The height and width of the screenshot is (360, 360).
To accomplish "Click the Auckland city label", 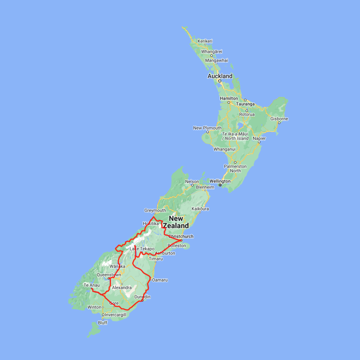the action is [220, 76].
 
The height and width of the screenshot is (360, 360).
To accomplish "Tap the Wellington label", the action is [220, 181].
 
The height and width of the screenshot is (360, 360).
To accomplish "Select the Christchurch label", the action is [181, 236].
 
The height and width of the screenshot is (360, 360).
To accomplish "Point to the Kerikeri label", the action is [205, 41].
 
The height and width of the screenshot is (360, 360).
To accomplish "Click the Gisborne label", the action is [279, 119].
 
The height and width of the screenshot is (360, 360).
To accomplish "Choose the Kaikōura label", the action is [200, 209].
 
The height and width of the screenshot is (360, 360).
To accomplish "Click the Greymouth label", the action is [155, 210].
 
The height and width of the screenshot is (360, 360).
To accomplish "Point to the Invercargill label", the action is [115, 315].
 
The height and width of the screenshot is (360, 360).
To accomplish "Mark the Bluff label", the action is [102, 323].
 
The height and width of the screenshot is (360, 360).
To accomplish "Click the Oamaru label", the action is [160, 280].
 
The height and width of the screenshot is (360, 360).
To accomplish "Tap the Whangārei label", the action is [212, 52].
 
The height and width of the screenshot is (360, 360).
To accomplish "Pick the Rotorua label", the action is [247, 114].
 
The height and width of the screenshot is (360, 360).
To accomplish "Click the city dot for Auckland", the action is [220, 81].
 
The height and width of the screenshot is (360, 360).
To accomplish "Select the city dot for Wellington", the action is [220, 185].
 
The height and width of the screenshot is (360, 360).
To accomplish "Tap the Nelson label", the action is [192, 182].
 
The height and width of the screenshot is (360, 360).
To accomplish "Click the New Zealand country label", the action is [176, 222].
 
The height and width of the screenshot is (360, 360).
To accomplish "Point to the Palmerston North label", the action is [235, 168].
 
